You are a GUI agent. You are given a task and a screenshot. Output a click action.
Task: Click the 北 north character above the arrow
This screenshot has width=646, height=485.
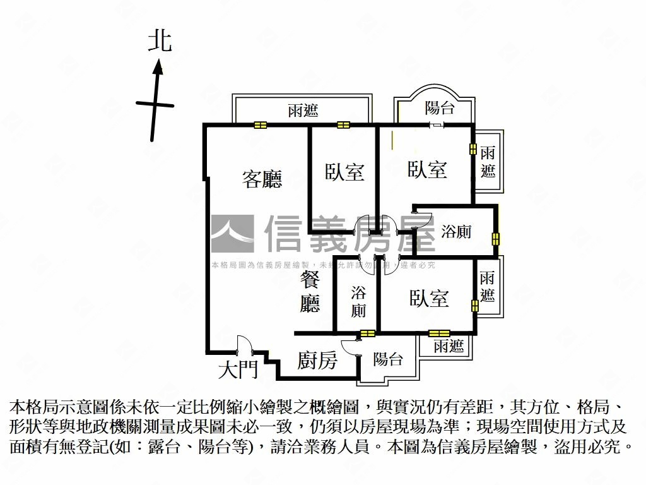coord(160,42)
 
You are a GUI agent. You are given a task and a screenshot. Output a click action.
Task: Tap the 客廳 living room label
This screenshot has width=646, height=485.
coord(262,179)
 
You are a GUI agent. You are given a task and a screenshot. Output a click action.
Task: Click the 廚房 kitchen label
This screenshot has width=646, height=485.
coord(317,361)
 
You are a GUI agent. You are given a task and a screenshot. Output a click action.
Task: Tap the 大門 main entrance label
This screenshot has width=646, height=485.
coord(238,369)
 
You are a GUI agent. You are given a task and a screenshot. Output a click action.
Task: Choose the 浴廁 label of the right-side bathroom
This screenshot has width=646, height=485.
coord(456,232)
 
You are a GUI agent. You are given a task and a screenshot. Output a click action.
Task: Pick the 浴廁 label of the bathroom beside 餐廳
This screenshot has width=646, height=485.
coord(358,301)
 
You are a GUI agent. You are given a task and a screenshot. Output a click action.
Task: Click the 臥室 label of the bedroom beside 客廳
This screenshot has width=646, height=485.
coord(344,172)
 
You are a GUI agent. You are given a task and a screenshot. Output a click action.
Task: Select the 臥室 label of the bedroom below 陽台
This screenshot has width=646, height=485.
coord(427,169)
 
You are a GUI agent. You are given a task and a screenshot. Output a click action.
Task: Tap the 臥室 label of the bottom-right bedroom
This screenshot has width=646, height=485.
coord(428,298)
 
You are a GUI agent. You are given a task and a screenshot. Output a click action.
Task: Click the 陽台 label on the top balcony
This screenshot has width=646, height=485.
coord(439,107)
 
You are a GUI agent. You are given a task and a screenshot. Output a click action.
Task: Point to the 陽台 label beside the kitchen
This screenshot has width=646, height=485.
coord(388,359)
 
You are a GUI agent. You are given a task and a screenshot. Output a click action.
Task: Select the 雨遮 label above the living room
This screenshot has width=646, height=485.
coord(303,111)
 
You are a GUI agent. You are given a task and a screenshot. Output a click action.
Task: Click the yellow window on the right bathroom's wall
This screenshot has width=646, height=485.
coord(496,239)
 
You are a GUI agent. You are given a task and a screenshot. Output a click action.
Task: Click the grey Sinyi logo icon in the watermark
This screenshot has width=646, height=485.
coord(232,234)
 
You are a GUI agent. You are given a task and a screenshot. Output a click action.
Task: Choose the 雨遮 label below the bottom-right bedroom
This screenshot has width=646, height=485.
coord(449,345)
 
